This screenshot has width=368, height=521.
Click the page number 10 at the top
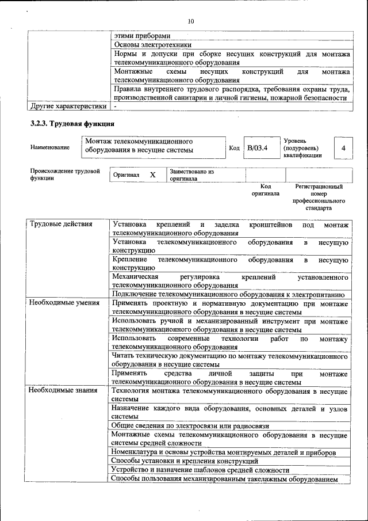(191, 21)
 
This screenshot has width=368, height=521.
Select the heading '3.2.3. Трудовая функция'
(72, 124)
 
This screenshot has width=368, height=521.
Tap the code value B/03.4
(257, 148)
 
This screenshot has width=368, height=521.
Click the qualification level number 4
(343, 148)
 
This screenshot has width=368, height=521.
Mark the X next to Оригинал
(152, 174)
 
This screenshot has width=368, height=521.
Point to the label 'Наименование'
(50, 147)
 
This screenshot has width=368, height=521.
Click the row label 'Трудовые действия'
(61, 224)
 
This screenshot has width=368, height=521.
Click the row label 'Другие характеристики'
(68, 106)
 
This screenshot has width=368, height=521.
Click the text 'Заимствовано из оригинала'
(191, 175)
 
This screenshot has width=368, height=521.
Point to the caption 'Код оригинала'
(265, 190)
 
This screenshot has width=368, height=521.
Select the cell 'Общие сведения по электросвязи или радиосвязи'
(190, 425)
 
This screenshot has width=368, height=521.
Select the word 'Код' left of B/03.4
(234, 148)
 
